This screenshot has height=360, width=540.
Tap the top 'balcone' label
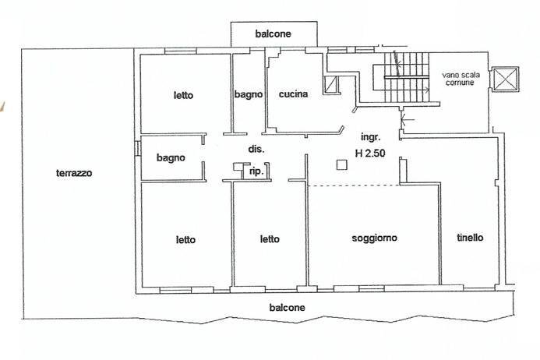(273, 34)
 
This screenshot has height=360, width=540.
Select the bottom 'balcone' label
(288, 308)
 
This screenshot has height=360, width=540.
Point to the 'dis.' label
(256, 148)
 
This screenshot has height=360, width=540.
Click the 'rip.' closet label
(254, 171)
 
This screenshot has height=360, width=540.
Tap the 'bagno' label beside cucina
(249, 95)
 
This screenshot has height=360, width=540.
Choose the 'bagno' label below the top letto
(171, 157)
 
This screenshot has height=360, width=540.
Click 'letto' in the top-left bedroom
(183, 96)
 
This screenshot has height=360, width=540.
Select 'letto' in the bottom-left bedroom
(185, 239)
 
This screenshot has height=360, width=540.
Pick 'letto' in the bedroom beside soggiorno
(270, 239)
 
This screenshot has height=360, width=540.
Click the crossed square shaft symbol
(507, 79)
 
